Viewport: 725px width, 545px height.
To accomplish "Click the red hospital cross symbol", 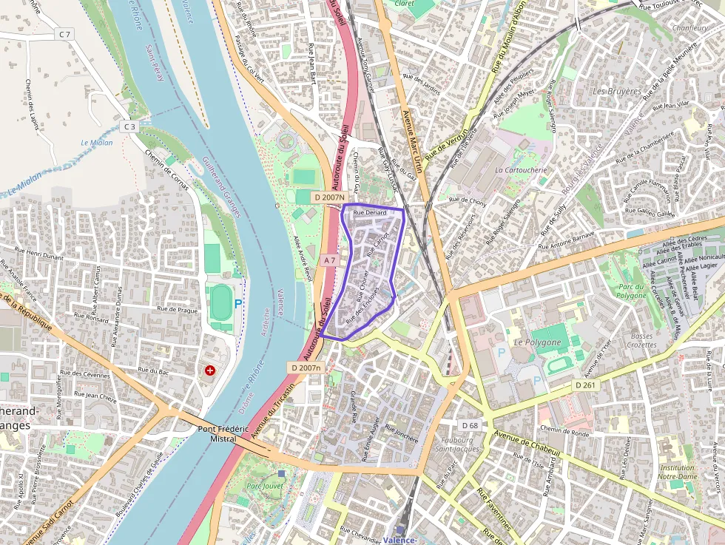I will (x=211, y=369).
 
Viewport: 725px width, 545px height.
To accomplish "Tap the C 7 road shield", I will (x=65, y=35).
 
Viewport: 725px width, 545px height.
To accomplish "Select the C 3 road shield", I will (x=130, y=126).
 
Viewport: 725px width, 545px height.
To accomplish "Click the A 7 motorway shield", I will (x=330, y=260).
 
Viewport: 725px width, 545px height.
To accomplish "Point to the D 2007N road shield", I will (x=329, y=197).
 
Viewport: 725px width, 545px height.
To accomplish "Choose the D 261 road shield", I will (x=584, y=385).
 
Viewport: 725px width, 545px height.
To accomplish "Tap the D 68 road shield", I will (x=470, y=425).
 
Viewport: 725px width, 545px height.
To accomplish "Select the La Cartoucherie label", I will (x=521, y=170).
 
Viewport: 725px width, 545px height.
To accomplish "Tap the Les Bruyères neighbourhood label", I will (x=617, y=91).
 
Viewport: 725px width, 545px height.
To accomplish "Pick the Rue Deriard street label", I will (x=370, y=213).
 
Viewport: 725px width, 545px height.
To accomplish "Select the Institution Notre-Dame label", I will (x=677, y=472).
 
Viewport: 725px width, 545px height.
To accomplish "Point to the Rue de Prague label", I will (x=178, y=310).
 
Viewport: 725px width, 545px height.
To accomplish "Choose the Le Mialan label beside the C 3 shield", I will (x=97, y=143).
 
